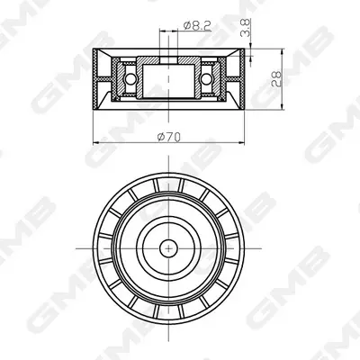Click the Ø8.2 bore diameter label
pyautogui.click(x=197, y=26)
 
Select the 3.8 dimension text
pyautogui.click(x=246, y=28)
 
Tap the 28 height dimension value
pyautogui.click(x=276, y=79)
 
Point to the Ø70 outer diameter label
pyautogui.click(x=169, y=138)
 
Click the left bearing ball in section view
pyautogui.click(x=130, y=79)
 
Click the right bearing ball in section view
pyautogui.click(x=206, y=79)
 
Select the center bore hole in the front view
pyautogui.click(x=168, y=248)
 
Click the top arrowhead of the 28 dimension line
pyautogui.click(x=282, y=52)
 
